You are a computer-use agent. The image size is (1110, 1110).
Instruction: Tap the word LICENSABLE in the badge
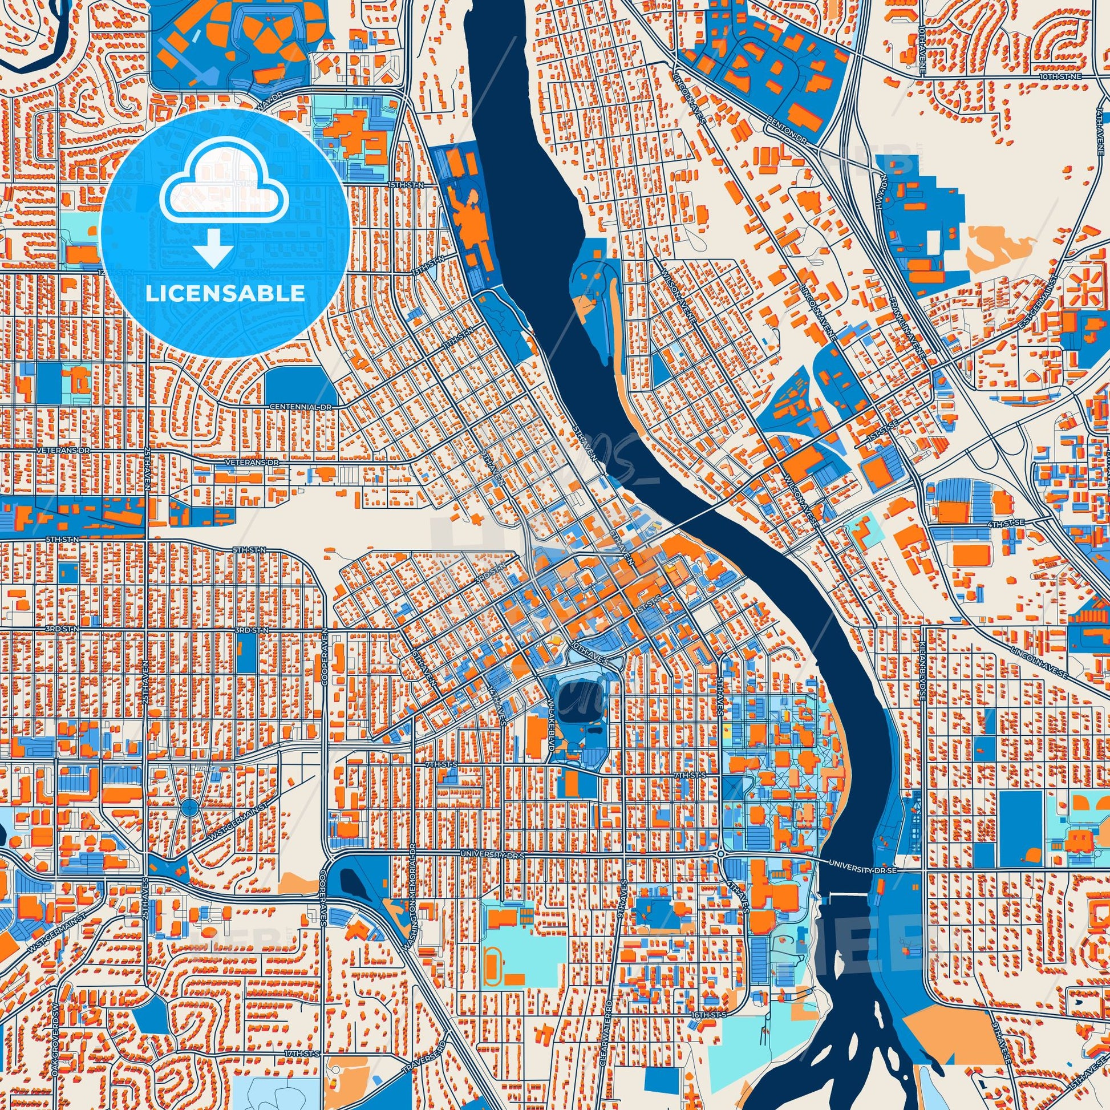(225, 294)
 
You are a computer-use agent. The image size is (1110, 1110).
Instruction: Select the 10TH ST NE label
(1067, 76)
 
